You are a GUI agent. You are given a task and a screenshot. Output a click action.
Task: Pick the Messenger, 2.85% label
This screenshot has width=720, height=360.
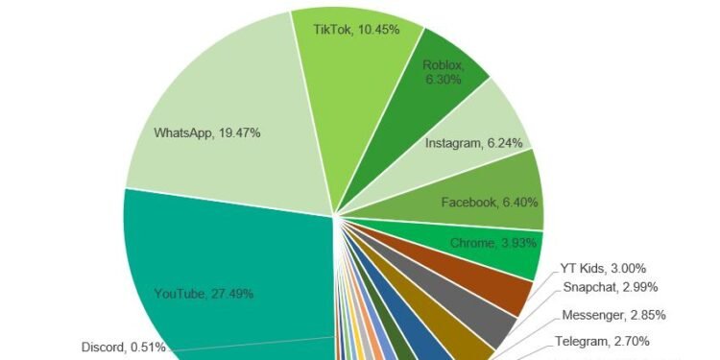point(612,315)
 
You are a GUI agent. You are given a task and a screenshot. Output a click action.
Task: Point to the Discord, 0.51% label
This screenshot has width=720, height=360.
point(123,347)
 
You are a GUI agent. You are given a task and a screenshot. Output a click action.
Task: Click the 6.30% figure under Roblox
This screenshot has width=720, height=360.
point(444,80)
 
